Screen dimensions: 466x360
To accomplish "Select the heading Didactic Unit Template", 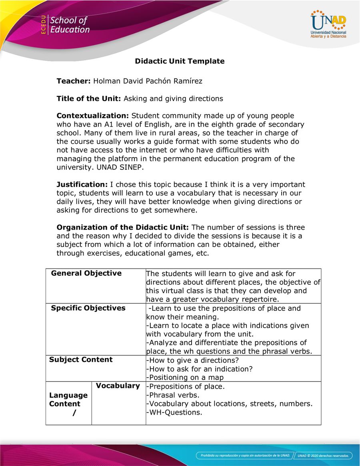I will click(180, 61).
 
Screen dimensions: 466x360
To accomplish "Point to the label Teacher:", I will click(74, 81).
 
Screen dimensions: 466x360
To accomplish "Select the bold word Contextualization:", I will click(92, 116).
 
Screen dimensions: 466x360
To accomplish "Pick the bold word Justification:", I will click(82, 184).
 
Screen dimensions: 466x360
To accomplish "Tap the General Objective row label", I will click(86, 274).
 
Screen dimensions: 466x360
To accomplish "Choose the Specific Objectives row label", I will click(88, 308).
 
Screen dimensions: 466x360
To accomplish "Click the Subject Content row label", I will click(81, 360).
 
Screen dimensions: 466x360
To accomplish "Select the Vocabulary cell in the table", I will click(118, 386).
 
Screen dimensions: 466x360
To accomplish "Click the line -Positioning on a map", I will click(185, 377).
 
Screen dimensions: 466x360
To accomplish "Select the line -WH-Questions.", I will click(174, 412).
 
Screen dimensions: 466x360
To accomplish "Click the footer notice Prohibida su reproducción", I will click(244, 455).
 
